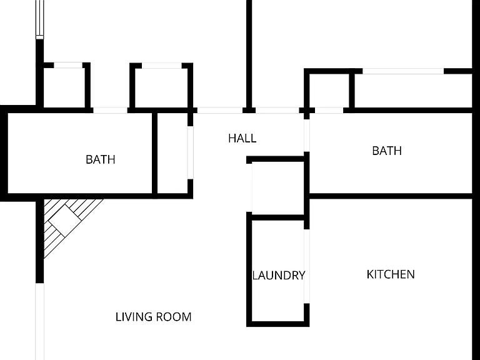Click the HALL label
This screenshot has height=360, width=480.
click(242, 138)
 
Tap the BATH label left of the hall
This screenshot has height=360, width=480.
click(101, 159)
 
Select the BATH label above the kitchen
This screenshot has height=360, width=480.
click(387, 151)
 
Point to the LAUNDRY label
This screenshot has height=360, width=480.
click(279, 275)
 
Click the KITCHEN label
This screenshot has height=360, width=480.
click(391, 274)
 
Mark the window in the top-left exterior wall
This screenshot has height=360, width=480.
click(40, 19)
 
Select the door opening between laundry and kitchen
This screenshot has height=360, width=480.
click(306, 266)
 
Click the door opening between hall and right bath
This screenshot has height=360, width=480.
click(306, 135)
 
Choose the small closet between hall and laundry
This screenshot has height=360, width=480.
click(278, 188)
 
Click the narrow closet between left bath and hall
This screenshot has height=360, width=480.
click(172, 153)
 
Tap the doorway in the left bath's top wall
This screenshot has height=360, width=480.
click(110, 110)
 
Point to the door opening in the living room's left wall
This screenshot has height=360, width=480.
click(40, 321)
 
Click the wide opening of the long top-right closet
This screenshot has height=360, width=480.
click(403, 71)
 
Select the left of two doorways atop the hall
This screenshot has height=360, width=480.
click(220, 110)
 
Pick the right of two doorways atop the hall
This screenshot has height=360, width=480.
click(277, 110)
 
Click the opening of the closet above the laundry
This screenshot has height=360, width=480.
click(249, 187)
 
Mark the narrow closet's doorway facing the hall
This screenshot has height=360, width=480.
click(191, 152)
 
